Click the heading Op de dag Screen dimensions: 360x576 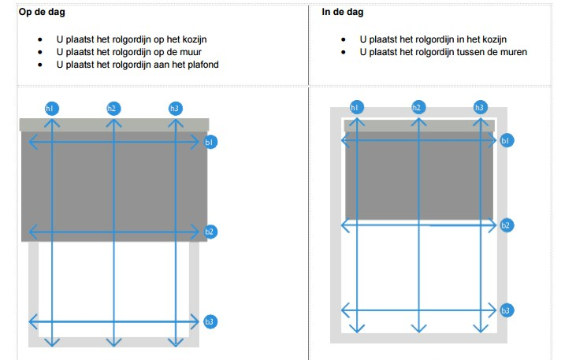pos(42,12)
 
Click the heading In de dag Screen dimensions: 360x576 pos(343,12)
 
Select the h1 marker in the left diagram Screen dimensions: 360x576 pos(51,107)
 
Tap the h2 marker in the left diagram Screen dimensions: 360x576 pos(113,107)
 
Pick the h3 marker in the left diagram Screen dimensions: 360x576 pos(175,107)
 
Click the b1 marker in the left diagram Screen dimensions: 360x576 pos(210,143)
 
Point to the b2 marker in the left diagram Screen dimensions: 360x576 pos(210,232)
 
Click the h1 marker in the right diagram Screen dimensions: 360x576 pos(356,107)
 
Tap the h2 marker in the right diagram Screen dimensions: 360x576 pos(418,107)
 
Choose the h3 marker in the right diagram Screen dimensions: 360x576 pos(480,107)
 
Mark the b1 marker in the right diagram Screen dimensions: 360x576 pos(507,141)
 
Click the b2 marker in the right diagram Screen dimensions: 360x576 pos(507,225)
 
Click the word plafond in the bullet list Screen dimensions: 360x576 pos(200,65)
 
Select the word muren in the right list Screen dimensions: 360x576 pos(511,52)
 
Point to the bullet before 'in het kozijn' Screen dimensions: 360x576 pos(343,39)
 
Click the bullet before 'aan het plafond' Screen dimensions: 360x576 pos(39,65)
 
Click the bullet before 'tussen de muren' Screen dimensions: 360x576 pos(343,52)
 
